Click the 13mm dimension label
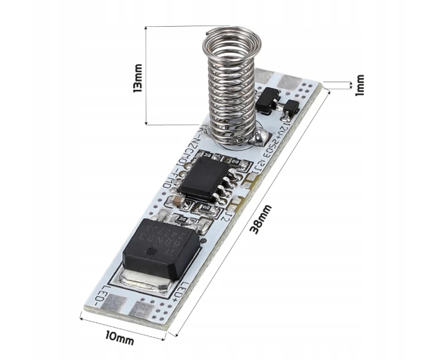coord(137,80)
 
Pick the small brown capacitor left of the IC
coord(178,200)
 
